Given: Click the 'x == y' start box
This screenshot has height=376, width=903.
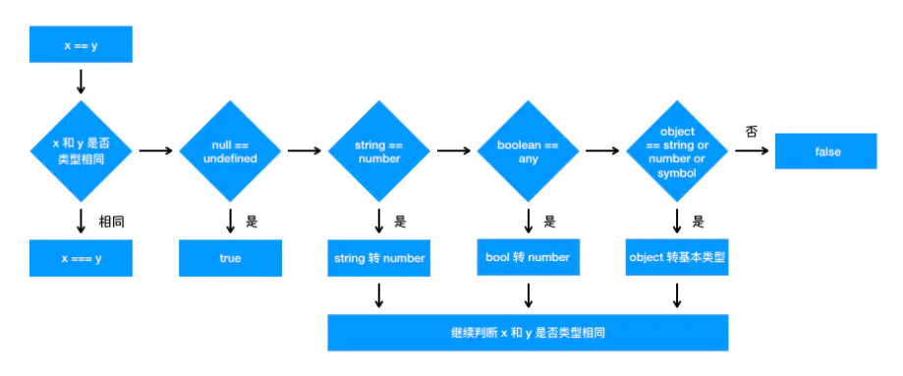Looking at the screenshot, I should pyautogui.click(x=81, y=45).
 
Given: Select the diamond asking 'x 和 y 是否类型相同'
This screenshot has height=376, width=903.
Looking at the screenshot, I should pyautogui.click(x=81, y=151).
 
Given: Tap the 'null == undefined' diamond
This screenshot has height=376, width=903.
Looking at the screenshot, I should pyautogui.click(x=230, y=151).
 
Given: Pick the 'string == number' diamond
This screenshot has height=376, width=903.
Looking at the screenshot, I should pyautogui.click(x=378, y=151).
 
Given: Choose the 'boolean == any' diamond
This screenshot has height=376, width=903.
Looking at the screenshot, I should pyautogui.click(x=529, y=151).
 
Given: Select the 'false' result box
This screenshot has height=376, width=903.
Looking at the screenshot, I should pyautogui.click(x=826, y=151).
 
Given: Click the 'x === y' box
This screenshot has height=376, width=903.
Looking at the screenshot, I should pyautogui.click(x=81, y=258).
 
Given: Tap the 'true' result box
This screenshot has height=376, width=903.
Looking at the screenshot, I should pyautogui.click(x=230, y=258).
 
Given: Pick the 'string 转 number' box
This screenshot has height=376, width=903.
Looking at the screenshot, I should pyautogui.click(x=378, y=258).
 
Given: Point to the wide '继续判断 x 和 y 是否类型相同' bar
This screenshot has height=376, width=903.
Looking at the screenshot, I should pyautogui.click(x=528, y=333).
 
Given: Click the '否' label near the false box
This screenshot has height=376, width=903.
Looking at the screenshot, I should pyautogui.click(x=752, y=132).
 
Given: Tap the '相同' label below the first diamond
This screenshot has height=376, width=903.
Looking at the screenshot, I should pyautogui.click(x=109, y=221).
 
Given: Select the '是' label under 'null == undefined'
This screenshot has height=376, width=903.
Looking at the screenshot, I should pyautogui.click(x=252, y=221).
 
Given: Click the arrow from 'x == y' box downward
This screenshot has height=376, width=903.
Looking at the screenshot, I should pyautogui.click(x=81, y=81).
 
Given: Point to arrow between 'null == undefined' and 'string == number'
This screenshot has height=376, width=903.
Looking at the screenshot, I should pyautogui.click(x=305, y=151).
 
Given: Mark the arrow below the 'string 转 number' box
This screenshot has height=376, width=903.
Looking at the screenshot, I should pyautogui.click(x=378, y=295).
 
